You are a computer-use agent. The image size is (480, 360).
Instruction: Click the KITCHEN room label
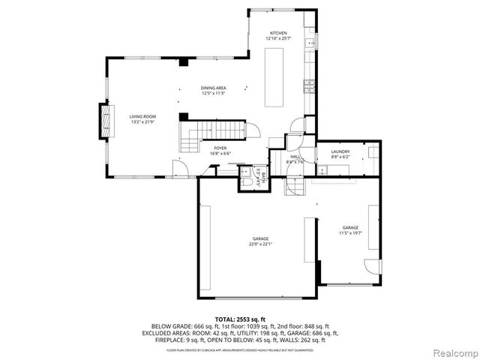(278, 34)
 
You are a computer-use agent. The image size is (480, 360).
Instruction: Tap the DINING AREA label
(214, 88)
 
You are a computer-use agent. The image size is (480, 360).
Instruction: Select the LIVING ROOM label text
(142, 116)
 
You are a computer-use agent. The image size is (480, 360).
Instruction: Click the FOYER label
(220, 148)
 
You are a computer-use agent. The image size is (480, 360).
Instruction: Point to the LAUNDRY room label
(340, 152)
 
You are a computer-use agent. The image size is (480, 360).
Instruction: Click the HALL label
(295, 156)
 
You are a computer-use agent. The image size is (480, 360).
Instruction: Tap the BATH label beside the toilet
(257, 175)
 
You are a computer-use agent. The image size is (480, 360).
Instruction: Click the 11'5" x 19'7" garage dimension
(350, 232)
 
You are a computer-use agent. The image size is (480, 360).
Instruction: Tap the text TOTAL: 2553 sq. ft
(240, 318)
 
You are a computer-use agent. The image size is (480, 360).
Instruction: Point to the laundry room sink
(373, 153)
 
